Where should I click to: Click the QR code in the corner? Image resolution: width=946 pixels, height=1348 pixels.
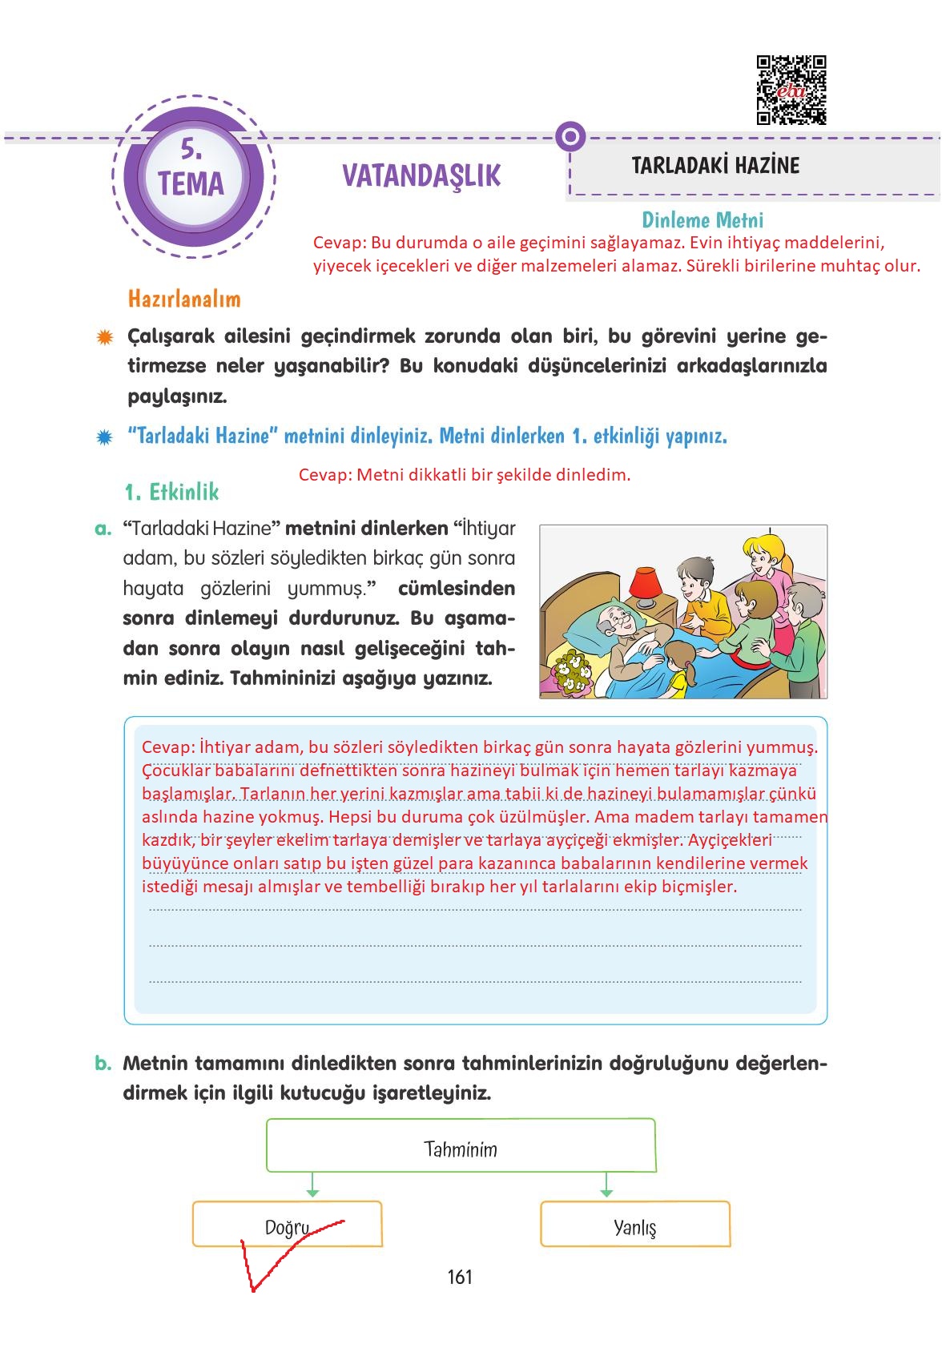click(791, 90)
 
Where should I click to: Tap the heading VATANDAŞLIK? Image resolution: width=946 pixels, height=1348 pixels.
click(421, 175)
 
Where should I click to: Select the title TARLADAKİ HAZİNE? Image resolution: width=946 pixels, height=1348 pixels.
click(715, 166)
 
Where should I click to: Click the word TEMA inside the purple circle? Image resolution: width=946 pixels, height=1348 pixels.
click(191, 184)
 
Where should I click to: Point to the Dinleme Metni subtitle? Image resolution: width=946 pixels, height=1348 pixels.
click(702, 219)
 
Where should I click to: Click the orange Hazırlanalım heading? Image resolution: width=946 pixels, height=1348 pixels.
click(184, 299)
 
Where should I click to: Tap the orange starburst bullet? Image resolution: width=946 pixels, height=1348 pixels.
click(104, 337)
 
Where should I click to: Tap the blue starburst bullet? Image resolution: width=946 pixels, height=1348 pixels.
click(104, 437)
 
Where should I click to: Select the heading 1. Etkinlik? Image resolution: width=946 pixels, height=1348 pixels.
click(171, 491)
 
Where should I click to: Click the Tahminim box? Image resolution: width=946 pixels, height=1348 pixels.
click(461, 1145)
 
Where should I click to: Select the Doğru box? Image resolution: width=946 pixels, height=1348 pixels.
click(287, 1224)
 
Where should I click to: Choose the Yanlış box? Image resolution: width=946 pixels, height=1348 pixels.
click(635, 1224)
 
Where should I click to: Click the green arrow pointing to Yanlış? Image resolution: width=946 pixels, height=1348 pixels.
click(606, 1185)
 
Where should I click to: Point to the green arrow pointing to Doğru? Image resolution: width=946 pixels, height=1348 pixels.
click(312, 1185)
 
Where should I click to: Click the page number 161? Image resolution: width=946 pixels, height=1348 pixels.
click(460, 1277)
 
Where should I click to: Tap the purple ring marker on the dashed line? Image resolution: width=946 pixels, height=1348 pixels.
click(570, 137)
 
